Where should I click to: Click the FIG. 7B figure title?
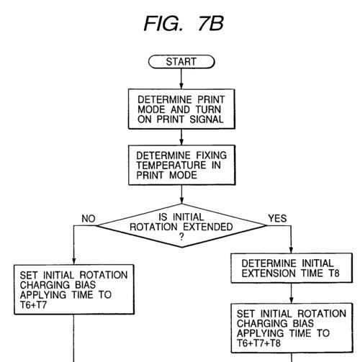[x=184, y=24]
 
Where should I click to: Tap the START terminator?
[x=181, y=62]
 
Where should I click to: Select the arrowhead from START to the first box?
[x=181, y=86]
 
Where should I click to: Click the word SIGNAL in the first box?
[x=207, y=119]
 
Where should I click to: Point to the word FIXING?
[x=211, y=155]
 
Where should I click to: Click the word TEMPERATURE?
[x=171, y=165]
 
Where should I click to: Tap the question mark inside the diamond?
[x=181, y=237]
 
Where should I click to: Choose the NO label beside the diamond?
[x=89, y=219]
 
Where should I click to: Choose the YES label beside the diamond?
[x=277, y=218]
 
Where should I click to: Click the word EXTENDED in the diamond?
[x=208, y=227]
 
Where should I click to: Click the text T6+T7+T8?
[x=258, y=343]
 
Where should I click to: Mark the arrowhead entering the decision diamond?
[x=181, y=201]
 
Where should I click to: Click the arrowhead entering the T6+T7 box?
[x=74, y=261]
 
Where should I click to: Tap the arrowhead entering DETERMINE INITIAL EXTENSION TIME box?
[x=291, y=250]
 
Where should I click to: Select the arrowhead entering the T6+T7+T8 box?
[x=292, y=300]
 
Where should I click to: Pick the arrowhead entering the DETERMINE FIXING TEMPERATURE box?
[x=181, y=142]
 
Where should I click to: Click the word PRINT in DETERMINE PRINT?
[x=211, y=99]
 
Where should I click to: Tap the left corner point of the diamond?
[x=96, y=225]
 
